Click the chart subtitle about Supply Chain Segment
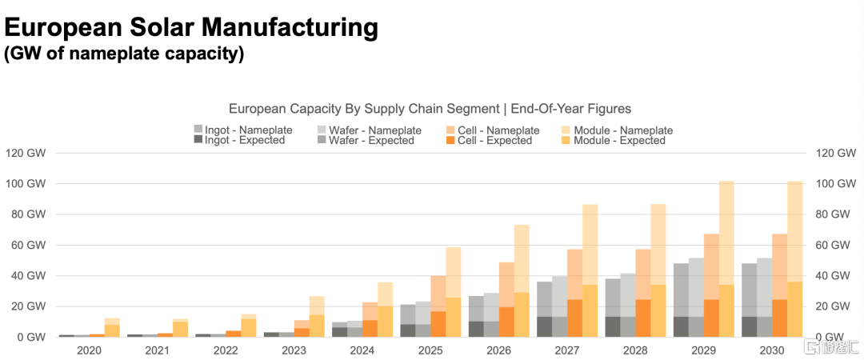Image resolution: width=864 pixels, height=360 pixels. (x=430, y=108)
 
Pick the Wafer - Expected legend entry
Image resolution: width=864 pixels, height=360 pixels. (x=369, y=141)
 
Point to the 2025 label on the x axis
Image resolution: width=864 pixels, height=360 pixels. (x=430, y=350)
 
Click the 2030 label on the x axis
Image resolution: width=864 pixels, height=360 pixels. (x=772, y=350)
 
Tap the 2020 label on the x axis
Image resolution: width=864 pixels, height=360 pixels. (x=89, y=350)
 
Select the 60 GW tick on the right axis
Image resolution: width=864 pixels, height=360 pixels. (x=833, y=245)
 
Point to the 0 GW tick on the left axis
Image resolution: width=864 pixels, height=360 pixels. (x=25, y=337)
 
